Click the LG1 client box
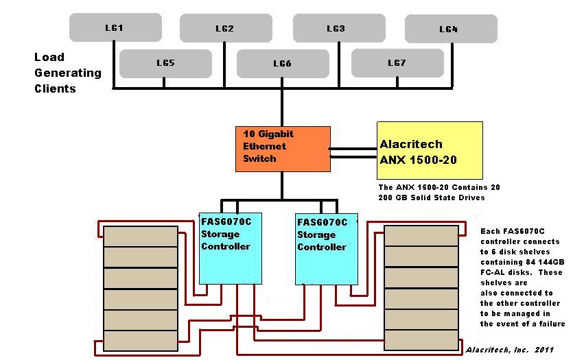[115, 27]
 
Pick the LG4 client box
[450, 29]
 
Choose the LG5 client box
[165, 63]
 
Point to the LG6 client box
[282, 64]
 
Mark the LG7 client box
[397, 63]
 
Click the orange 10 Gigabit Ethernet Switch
[283, 149]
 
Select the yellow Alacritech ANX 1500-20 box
[430, 150]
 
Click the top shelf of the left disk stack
[141, 237]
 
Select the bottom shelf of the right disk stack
[421, 339]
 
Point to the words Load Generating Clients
[67, 73]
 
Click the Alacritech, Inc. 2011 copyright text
[509, 350]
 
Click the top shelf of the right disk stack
[421, 235]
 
